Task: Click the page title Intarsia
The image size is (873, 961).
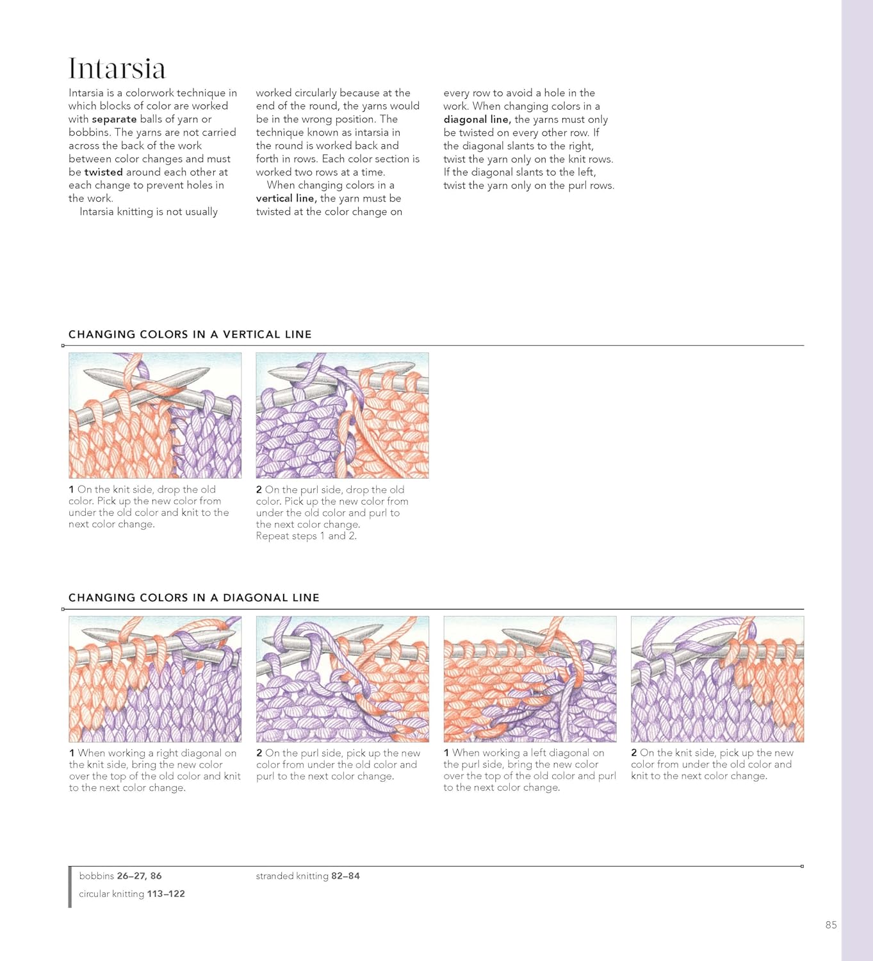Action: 117,69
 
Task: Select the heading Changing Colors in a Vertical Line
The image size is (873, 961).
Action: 190,334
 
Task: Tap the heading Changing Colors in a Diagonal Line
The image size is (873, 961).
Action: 193,598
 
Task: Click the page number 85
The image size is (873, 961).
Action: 831,924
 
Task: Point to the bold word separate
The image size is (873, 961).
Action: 114,119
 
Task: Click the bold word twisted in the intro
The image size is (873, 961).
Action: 103,172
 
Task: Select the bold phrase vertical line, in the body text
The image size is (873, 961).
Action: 286,199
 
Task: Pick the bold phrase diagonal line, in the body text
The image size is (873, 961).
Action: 477,119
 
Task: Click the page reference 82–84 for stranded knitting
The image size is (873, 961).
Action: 345,876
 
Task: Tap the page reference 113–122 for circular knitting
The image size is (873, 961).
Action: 166,894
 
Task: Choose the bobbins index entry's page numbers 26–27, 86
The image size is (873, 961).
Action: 139,876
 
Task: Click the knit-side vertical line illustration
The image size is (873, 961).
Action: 155,415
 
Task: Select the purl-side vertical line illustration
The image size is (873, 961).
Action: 342,415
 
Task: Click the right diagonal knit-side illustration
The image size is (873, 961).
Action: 155,679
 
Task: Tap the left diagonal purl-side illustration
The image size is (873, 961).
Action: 530,679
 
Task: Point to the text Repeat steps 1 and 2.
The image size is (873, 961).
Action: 306,536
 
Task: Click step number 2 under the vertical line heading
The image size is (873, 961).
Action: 259,490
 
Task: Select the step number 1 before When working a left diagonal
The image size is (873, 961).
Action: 446,753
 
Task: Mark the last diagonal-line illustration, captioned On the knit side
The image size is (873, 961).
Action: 717,679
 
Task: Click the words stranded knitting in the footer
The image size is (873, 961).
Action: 292,876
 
